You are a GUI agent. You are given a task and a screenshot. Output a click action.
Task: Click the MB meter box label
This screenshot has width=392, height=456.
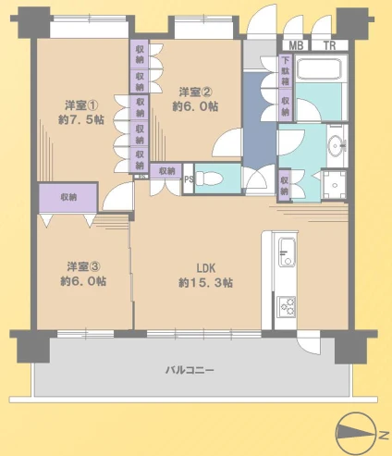coord(296,45)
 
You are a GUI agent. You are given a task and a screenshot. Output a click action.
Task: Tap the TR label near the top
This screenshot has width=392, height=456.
coord(329,45)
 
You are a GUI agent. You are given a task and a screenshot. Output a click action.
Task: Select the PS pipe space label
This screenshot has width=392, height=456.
coord(189,179)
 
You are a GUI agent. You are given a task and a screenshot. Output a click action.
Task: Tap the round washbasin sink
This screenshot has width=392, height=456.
coord(337,145)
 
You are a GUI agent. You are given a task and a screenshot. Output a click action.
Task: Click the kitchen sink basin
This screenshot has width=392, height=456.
coord(287,253)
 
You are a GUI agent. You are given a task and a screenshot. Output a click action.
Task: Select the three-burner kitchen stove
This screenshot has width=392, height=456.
coord(287,306)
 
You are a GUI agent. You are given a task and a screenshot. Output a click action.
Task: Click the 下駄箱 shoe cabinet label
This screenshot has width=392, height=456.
coord(286,71)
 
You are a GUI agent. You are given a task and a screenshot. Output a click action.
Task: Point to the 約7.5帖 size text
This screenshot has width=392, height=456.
coord(81,119)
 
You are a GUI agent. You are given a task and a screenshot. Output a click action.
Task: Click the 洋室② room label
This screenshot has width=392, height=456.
coord(195,92)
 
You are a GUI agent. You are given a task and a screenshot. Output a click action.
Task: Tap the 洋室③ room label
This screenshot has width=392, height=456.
coord(83,266)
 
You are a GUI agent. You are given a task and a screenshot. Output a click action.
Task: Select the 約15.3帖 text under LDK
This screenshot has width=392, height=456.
coord(205,283)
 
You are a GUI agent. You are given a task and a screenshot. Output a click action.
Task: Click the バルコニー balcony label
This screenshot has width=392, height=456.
coord(190,370)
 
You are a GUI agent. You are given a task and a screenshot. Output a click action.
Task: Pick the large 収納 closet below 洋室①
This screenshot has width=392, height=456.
coord(68,197)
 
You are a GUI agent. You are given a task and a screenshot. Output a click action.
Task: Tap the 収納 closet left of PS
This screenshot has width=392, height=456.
coord(166,171)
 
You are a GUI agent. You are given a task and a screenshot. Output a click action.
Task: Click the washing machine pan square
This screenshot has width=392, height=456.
coord(335,185)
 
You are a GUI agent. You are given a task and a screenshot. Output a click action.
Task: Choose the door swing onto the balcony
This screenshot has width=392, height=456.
coord(308,342)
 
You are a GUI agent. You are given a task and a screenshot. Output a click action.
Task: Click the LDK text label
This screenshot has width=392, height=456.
coord(206,268)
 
